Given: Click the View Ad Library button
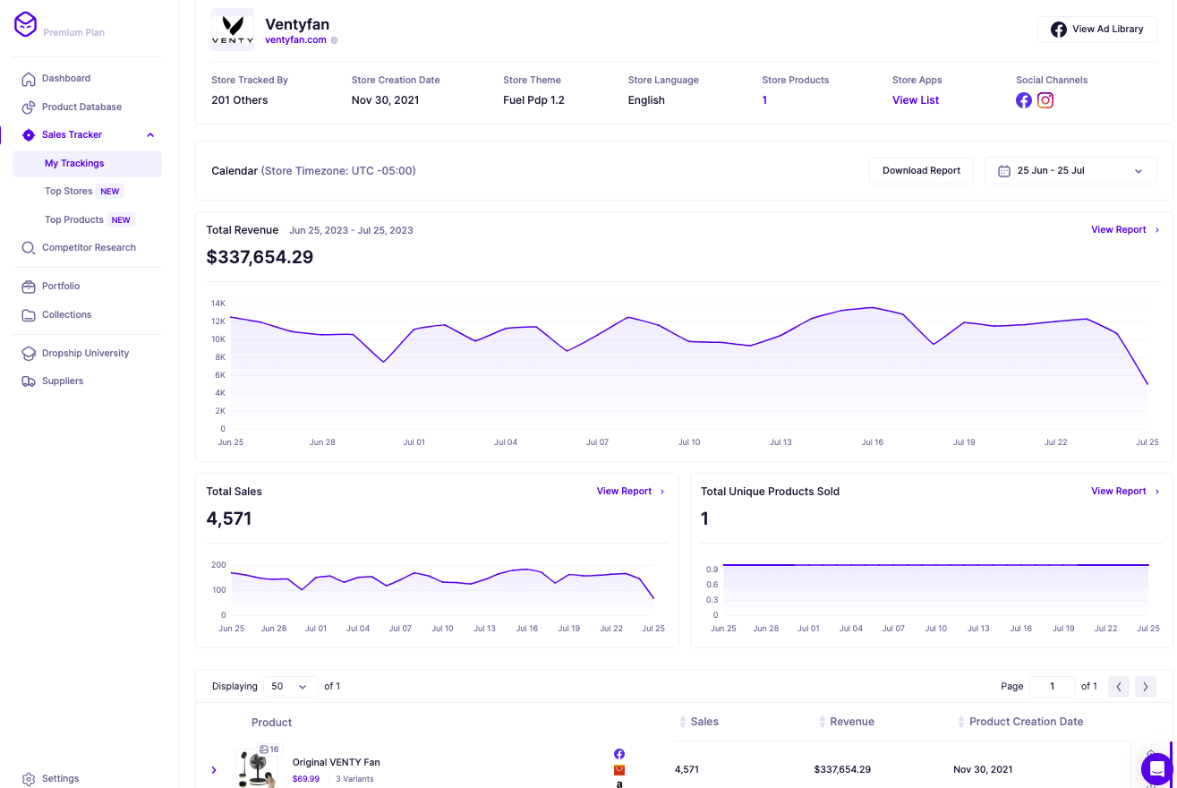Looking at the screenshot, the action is [x=1097, y=30].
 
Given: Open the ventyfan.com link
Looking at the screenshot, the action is [x=295, y=40].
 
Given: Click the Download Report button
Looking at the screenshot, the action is [x=921, y=170].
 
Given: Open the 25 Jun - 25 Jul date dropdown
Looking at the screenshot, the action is [x=1070, y=171].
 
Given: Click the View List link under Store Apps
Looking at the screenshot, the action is [x=915, y=100].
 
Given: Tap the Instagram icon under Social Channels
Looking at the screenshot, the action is [x=1045, y=100].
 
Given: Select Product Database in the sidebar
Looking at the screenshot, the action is [x=81, y=107].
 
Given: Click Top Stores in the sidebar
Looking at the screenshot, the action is [x=69, y=191].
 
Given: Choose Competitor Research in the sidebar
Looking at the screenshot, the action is [x=89, y=247].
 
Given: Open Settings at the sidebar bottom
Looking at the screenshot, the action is [x=60, y=778].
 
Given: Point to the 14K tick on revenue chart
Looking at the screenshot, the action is [x=217, y=304].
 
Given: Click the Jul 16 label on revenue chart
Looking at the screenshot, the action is [x=872, y=442].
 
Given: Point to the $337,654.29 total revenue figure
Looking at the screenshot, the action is [x=260, y=258].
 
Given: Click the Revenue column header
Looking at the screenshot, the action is [x=851, y=722].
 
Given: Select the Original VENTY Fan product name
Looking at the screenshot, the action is [x=336, y=762].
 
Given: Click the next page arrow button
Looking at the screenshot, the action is [x=1145, y=687].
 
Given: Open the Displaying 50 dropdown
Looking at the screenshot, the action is [x=290, y=687].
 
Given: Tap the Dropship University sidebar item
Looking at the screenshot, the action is [x=85, y=353].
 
